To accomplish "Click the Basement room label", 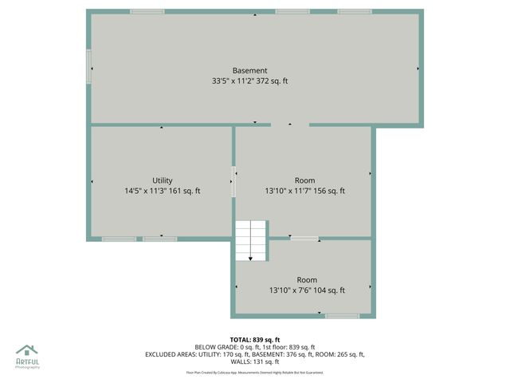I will (249, 70).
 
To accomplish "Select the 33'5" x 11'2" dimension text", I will (249, 81).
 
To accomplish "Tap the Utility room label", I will (162, 180).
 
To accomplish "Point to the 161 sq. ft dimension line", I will (162, 191).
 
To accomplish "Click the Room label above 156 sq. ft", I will (304, 180).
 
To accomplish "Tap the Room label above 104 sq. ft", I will (307, 280).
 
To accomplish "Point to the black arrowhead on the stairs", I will (250, 258).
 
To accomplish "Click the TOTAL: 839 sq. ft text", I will (254, 339).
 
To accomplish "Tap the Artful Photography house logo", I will (26, 349).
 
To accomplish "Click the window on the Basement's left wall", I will (89, 66).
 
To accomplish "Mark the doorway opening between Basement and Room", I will (290, 124).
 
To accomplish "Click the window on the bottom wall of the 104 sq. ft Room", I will (342, 316).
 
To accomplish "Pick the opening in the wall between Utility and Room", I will (233, 181).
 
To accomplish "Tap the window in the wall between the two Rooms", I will (304, 238).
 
